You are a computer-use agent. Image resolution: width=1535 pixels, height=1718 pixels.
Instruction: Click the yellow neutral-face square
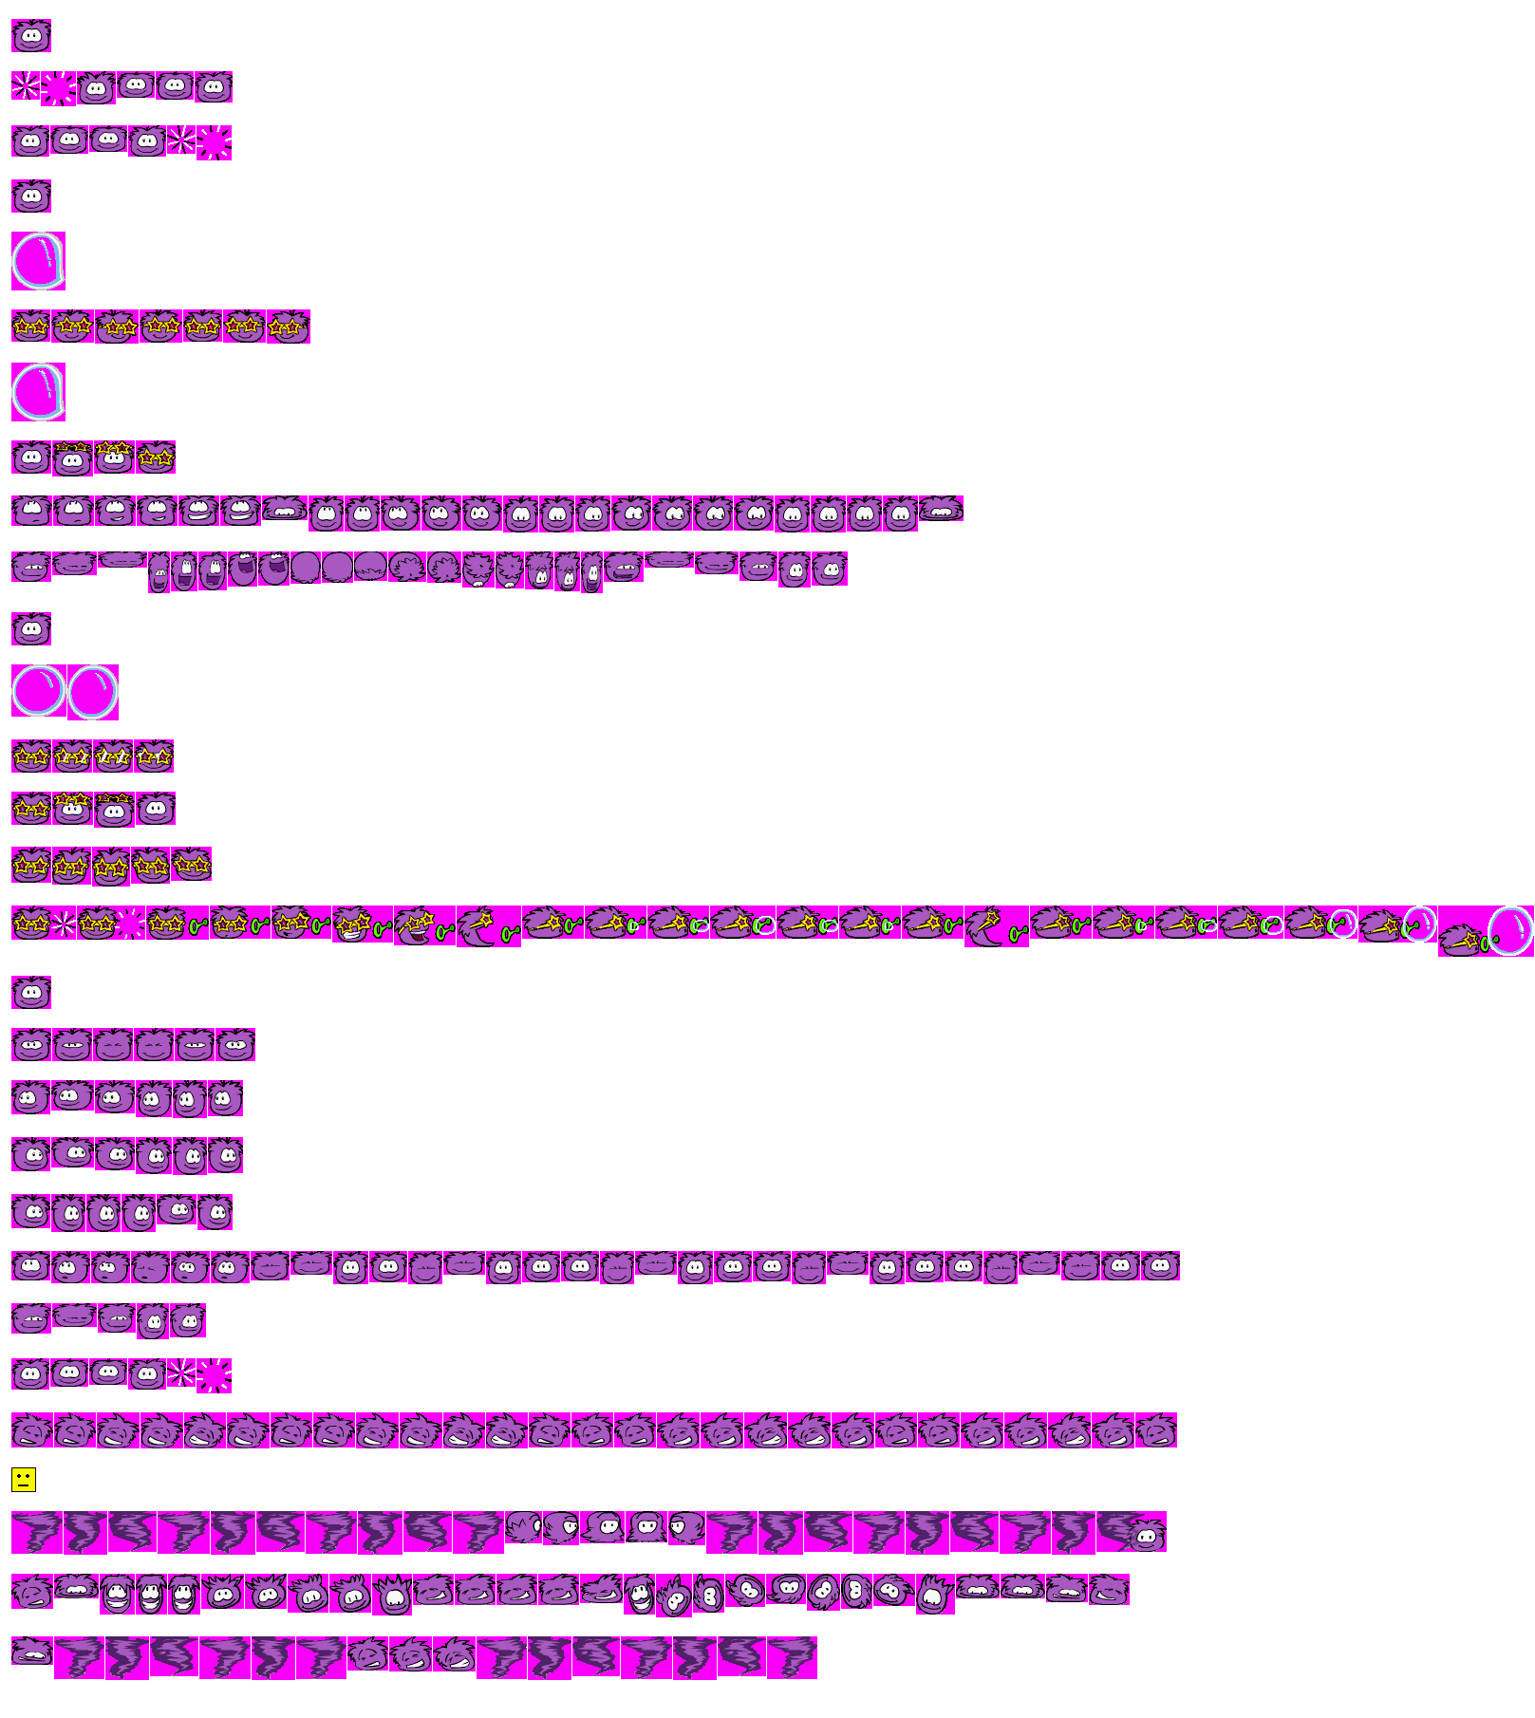tap(24, 1479)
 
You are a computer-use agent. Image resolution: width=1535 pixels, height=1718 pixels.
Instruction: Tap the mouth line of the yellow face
tap(24, 1484)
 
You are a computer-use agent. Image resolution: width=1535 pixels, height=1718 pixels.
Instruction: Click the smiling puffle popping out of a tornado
tap(1146, 1534)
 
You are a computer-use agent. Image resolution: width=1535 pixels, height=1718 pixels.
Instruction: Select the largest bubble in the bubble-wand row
tap(1508, 930)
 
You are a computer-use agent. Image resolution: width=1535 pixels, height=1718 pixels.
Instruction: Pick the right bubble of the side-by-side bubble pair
tap(93, 691)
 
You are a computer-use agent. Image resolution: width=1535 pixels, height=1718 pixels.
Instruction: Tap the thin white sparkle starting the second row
tap(26, 85)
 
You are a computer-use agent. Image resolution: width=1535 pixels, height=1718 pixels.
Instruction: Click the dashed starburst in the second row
tap(58, 88)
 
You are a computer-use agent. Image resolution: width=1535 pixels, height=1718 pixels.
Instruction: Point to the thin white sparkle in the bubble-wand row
tap(63, 923)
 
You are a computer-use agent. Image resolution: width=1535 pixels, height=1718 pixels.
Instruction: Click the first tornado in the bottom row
tap(79, 1657)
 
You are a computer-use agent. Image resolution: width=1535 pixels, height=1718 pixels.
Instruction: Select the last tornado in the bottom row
tap(792, 1657)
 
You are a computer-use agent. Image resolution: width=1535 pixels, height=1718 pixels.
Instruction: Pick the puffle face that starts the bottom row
tap(31, 1651)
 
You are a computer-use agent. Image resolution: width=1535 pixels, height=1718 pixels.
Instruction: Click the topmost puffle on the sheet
tap(31, 36)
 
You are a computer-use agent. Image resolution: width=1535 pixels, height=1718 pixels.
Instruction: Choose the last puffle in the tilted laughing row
tap(1155, 1430)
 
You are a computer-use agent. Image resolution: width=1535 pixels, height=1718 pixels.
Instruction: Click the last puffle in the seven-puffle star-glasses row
tap(288, 327)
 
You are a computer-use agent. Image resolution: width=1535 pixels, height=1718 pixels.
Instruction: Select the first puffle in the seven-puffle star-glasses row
tap(30, 327)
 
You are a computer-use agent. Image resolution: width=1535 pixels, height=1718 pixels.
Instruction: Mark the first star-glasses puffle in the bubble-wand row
tap(30, 922)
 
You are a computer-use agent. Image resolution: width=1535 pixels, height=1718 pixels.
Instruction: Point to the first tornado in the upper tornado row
tap(36, 1532)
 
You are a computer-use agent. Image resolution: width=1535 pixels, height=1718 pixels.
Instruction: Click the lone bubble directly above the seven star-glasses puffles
tap(38, 260)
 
